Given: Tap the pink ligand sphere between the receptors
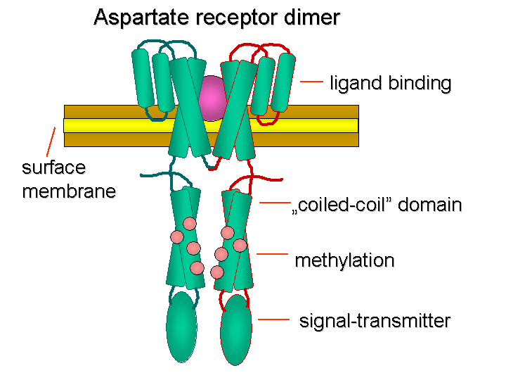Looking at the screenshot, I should click(212, 99).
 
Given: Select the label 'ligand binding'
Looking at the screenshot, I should click(390, 83).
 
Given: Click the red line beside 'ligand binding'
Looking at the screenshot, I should click(311, 82).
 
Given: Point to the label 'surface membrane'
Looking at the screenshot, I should click(69, 179).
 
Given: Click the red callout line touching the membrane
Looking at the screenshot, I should click(51, 141).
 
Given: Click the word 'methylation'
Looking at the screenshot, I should click(344, 260).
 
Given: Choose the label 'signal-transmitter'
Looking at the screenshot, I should click(375, 321).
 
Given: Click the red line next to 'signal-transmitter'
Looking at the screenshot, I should click(274, 319).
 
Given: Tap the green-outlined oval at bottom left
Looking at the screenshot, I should click(181, 327).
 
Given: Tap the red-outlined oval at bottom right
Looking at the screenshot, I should click(236, 329).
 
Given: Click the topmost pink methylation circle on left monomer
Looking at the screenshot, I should click(189, 224).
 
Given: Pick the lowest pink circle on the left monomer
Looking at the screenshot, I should click(197, 267).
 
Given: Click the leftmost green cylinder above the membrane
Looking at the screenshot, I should click(141, 78).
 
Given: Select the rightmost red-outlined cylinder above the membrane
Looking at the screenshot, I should click(283, 82).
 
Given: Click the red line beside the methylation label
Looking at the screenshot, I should click(273, 253).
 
